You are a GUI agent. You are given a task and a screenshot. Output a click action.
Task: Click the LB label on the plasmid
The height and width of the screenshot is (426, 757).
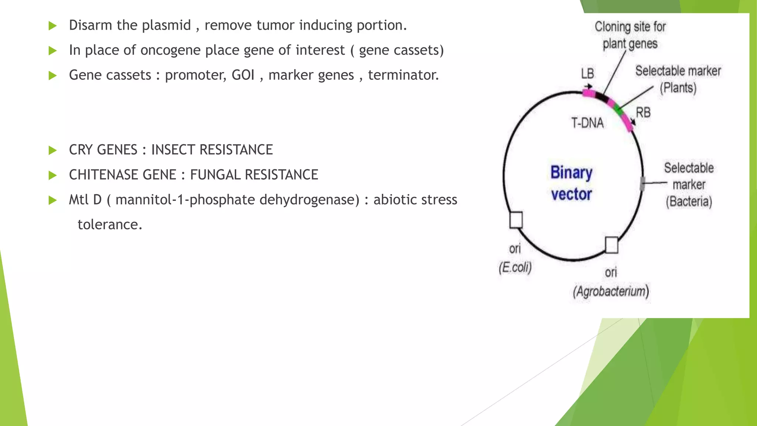[587, 73]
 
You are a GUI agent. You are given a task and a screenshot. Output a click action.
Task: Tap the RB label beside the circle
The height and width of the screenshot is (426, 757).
[643, 112]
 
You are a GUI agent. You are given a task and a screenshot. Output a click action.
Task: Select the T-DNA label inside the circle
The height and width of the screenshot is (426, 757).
[587, 123]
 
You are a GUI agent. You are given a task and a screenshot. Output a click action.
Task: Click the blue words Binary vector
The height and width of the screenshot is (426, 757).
[571, 183]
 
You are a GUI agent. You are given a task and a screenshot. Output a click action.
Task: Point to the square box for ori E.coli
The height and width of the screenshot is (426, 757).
[516, 220]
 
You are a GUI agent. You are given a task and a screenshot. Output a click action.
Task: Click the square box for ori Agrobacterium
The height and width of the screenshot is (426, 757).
[612, 245]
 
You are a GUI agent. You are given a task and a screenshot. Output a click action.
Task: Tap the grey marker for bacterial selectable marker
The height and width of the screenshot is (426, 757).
[642, 184]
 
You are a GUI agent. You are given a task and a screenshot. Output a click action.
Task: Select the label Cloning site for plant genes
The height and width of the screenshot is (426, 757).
[630, 35]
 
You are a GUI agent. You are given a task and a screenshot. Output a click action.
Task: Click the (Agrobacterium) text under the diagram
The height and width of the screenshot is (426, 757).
[611, 291]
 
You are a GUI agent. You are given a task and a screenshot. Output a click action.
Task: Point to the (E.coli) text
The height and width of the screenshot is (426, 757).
[515, 267]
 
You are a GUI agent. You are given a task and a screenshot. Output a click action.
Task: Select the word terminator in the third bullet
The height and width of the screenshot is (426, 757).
[403, 75]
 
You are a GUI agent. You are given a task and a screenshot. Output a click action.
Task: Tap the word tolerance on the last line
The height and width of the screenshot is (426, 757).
[109, 224]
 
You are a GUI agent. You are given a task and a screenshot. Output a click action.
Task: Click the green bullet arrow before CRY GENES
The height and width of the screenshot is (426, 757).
[53, 150]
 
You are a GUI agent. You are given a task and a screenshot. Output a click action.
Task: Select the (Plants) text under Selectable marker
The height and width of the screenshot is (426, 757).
[678, 88]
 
